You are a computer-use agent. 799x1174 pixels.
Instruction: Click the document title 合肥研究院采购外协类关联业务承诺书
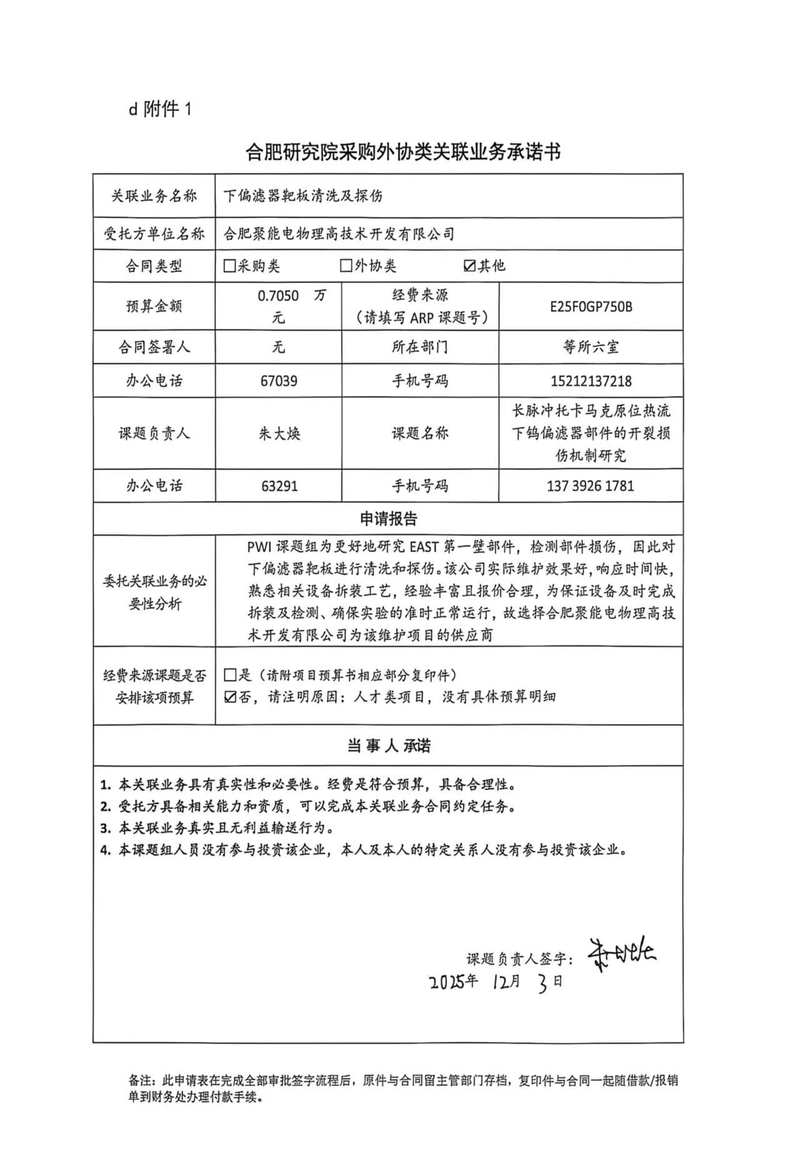403,152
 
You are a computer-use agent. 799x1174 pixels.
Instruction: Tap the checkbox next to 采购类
229,266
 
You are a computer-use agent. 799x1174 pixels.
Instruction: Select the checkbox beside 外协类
346,266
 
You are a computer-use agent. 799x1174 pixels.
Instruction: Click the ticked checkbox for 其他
470,266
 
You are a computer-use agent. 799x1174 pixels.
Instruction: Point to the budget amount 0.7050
278,296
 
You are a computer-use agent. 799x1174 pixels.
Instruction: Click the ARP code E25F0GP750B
590,307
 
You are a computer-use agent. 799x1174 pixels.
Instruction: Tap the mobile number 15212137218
590,381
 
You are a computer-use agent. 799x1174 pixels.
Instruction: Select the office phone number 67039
279,381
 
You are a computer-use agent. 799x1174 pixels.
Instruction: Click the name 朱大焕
279,434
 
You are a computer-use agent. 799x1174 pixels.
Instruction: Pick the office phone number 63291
279,486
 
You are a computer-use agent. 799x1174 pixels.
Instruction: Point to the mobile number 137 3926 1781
590,486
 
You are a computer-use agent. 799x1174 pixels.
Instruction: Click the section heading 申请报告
388,519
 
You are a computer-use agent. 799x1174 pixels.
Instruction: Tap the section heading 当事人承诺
388,746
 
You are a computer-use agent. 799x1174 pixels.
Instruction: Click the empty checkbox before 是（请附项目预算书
230,675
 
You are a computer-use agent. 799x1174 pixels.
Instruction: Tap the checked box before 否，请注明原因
230,697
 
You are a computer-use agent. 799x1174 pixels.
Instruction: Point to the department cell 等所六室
590,347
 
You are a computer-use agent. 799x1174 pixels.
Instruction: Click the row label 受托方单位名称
154,234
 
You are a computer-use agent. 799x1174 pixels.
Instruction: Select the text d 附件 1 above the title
160,109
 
